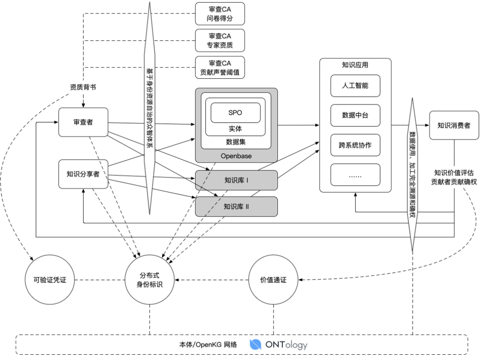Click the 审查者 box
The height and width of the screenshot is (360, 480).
point(83,122)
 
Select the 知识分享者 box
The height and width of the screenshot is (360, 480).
point(83,174)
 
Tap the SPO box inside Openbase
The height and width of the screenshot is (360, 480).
point(236,112)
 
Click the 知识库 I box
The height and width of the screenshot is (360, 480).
point(236,180)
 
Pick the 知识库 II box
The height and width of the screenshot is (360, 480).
point(236,207)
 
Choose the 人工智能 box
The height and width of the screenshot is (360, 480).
point(356,86)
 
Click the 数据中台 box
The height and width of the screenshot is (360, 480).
point(356,116)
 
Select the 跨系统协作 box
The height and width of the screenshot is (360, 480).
point(356,145)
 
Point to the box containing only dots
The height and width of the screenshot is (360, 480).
point(356,175)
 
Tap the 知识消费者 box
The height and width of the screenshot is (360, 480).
point(454,125)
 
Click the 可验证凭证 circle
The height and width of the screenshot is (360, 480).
point(50,280)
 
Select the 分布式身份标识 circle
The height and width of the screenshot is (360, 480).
point(150,280)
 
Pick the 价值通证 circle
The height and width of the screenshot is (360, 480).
point(273,280)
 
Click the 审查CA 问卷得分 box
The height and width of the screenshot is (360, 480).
point(220,14)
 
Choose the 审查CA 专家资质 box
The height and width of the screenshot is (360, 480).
point(220,40)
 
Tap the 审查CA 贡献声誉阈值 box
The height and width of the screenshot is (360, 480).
point(220,68)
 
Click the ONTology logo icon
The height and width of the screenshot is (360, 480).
point(255,344)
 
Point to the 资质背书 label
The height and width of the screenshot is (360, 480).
point(83,87)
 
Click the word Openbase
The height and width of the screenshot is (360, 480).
point(236,156)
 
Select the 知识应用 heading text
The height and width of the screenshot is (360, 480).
point(355,65)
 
